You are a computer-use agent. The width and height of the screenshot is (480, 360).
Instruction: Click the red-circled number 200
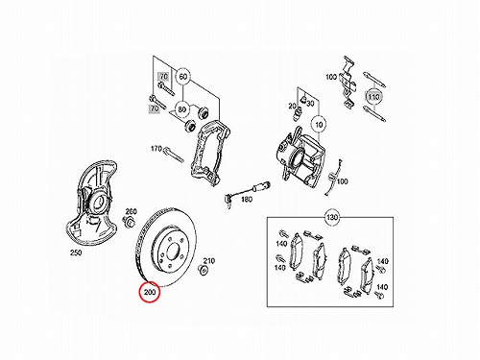150,292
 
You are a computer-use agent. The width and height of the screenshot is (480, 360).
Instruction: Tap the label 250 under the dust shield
76,252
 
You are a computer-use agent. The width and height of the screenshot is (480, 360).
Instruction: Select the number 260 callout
131,211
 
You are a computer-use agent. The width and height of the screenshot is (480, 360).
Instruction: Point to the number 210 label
209,261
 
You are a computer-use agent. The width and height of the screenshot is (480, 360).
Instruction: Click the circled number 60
183,77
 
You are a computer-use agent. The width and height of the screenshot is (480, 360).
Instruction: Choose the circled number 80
181,109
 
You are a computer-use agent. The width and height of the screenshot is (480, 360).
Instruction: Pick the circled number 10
319,124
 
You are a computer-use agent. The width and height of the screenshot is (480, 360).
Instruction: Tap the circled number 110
373,97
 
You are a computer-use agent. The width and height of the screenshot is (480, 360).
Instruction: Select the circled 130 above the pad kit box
332,217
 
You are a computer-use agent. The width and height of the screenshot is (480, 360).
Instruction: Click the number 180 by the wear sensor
247,200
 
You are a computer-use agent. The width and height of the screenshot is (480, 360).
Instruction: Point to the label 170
156,149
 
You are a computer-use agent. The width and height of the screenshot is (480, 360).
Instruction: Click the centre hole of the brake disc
172,251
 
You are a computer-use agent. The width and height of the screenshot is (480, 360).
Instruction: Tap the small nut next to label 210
203,270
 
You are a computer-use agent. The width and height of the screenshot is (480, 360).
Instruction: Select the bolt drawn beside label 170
174,155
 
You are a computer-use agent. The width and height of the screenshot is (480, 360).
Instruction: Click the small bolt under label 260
129,221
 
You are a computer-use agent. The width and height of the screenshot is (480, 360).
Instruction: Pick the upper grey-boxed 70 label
163,77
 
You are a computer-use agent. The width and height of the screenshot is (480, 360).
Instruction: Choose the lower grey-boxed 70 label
155,108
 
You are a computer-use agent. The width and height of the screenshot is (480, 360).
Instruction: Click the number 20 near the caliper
292,106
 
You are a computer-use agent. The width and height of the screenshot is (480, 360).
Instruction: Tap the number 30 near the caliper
310,103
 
